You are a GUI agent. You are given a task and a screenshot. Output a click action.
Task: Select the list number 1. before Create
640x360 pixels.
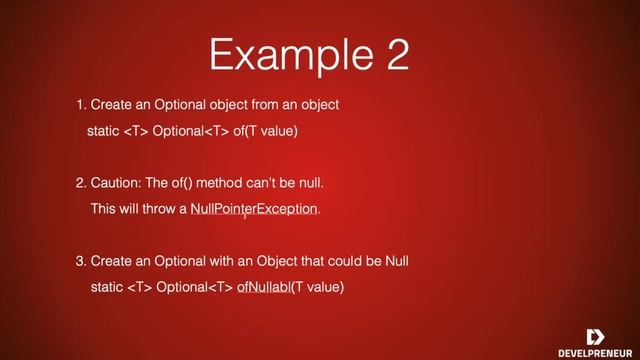81,105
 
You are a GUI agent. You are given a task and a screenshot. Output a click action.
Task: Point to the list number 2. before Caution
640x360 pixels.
81,183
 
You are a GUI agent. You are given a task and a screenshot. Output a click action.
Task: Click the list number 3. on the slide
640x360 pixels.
81,261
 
